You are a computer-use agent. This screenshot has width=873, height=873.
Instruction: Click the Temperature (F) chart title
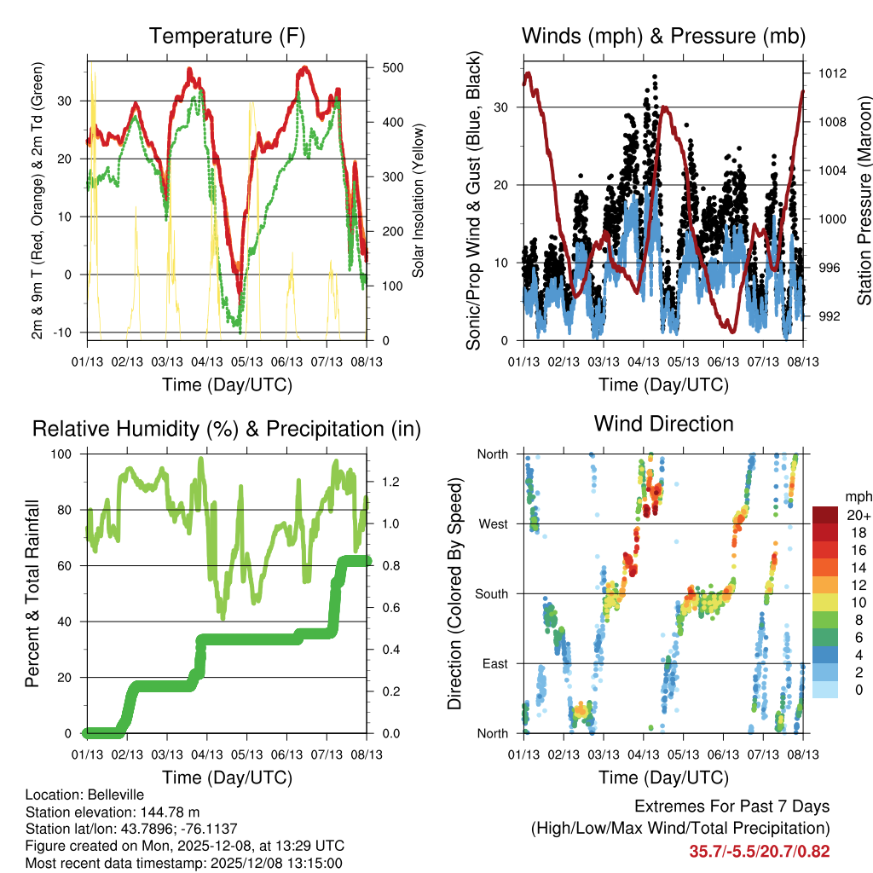(227, 37)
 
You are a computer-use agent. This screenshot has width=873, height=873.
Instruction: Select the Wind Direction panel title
(663, 424)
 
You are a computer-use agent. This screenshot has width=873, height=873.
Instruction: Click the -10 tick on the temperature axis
(70, 332)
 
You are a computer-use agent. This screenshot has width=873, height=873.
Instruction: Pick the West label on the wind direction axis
(493, 523)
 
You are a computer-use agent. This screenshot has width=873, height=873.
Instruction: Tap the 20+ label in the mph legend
(857, 516)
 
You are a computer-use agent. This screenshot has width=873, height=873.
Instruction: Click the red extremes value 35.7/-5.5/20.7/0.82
(760, 851)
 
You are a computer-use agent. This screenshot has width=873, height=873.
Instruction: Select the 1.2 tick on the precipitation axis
(383, 482)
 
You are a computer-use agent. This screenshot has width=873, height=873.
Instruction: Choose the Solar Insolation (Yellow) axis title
(419, 200)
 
